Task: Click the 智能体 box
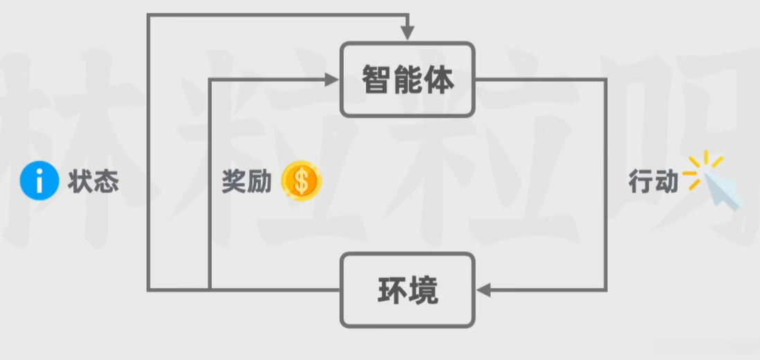(x=407, y=79)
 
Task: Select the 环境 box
(x=407, y=290)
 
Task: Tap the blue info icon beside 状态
(x=39, y=182)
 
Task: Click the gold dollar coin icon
(x=301, y=181)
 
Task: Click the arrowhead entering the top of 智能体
(x=407, y=33)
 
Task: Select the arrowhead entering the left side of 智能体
(x=331, y=79)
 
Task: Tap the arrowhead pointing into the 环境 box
(x=485, y=290)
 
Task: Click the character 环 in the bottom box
(x=391, y=291)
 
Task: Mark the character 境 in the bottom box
(x=424, y=291)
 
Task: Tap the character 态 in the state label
(x=106, y=182)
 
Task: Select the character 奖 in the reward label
(x=234, y=181)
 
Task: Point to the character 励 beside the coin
(x=259, y=181)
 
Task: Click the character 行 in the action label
(x=640, y=182)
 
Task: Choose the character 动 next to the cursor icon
(x=666, y=182)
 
